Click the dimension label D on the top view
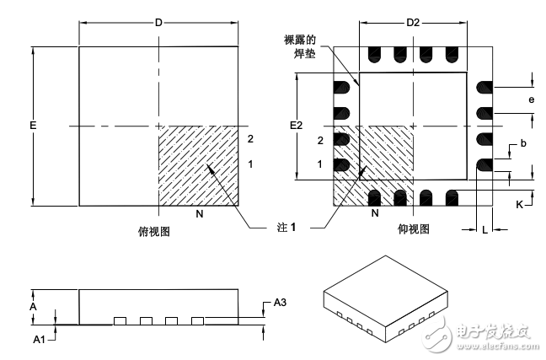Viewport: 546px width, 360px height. point(158,23)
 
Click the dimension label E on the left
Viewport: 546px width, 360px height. point(33,126)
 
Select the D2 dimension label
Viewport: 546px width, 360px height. point(412,23)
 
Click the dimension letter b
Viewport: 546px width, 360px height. point(523,144)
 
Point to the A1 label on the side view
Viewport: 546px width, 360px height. point(38,340)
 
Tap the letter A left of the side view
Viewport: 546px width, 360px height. point(33,308)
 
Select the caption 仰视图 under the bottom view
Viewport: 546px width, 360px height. point(412,228)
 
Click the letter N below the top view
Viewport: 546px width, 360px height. point(200,214)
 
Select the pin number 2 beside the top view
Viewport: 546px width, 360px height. point(250,138)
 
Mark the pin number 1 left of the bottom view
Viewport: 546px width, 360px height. point(320,164)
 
